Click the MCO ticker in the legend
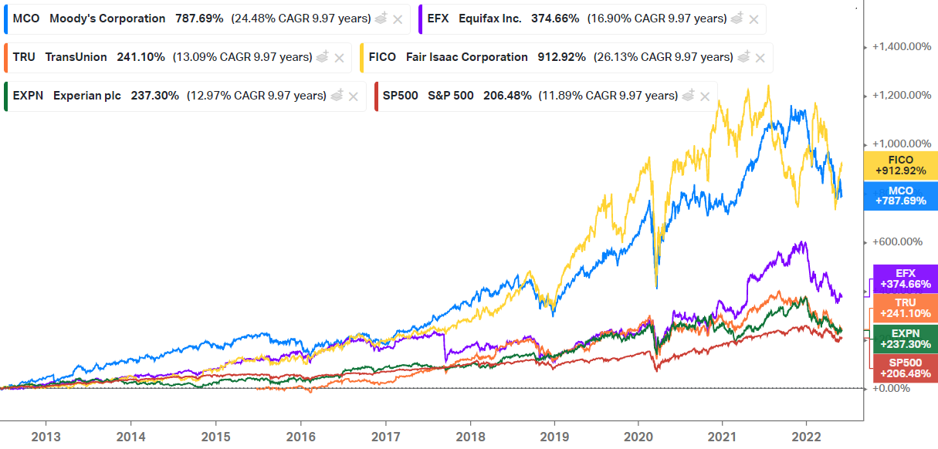(26, 19)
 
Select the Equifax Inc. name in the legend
(489, 19)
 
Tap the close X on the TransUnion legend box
(339, 58)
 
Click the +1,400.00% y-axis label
(900, 46)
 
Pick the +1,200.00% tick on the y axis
(900, 95)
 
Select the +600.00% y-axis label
(897, 241)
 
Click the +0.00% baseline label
(891, 388)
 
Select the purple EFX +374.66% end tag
(906, 279)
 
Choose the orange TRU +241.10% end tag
(906, 309)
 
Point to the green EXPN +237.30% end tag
(906, 339)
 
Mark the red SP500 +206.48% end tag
(906, 368)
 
